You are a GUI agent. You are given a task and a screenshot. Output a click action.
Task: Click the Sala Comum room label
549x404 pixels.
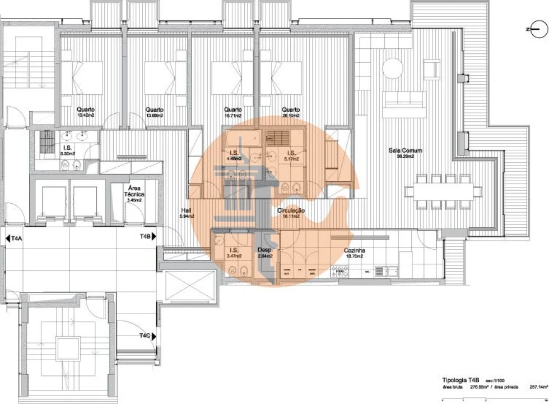coord(401,150)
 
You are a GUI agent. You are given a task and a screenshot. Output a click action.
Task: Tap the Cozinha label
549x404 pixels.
coord(354,251)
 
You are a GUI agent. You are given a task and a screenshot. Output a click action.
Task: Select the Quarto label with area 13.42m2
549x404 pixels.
coord(86,110)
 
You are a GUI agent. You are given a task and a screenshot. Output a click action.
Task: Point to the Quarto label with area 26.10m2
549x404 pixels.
coord(290,110)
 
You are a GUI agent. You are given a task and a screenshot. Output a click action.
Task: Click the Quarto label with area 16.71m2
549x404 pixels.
coord(232,110)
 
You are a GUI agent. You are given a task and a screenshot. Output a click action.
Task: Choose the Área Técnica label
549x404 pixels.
coord(133,192)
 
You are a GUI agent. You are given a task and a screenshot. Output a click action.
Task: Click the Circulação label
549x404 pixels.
coord(291,211)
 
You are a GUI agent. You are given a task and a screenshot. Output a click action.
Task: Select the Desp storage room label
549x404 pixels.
coord(264,250)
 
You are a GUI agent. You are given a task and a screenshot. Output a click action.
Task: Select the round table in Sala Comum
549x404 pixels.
coord(392,69)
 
